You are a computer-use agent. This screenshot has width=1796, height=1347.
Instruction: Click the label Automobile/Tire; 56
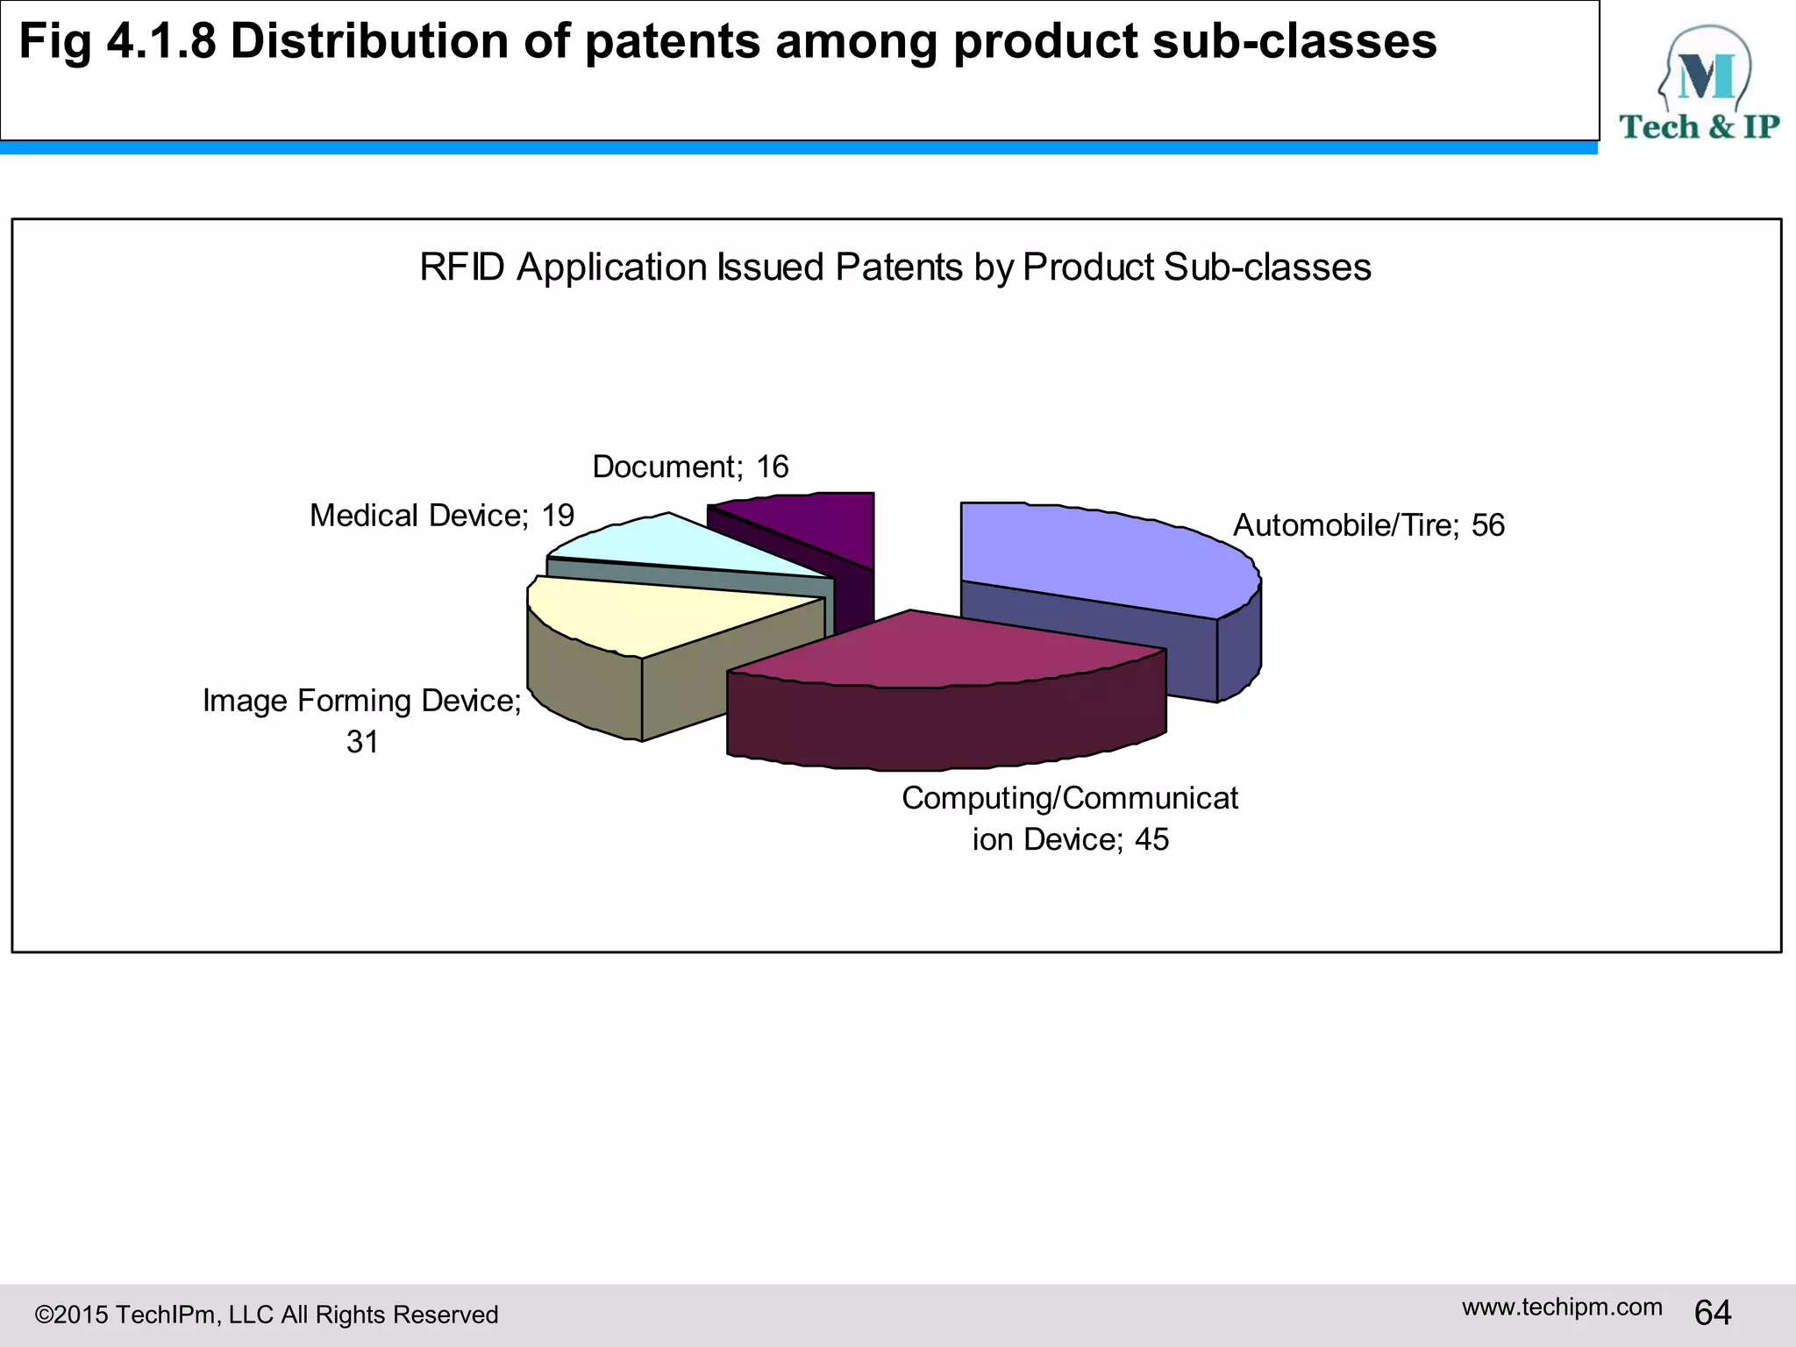pyautogui.click(x=1368, y=525)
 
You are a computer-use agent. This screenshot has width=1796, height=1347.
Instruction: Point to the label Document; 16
pyautogui.click(x=690, y=467)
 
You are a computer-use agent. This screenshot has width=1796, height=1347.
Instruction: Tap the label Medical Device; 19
pyautogui.click(x=441, y=516)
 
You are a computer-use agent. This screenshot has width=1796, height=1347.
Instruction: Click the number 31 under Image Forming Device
pyautogui.click(x=362, y=742)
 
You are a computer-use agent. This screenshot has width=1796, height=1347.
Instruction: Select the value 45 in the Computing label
pyautogui.click(x=1151, y=840)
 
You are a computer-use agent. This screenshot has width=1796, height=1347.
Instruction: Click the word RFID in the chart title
pyautogui.click(x=462, y=267)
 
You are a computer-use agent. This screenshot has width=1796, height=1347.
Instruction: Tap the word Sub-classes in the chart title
pyautogui.click(x=1266, y=267)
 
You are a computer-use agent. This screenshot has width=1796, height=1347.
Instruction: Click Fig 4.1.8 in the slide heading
pyautogui.click(x=117, y=41)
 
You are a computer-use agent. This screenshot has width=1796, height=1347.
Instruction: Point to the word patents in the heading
pyautogui.click(x=672, y=41)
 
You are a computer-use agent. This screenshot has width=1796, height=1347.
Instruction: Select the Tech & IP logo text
pyautogui.click(x=1699, y=127)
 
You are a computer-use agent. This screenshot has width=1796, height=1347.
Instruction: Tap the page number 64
pyautogui.click(x=1712, y=1313)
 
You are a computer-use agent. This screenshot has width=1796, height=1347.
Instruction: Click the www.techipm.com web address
pyautogui.click(x=1561, y=1307)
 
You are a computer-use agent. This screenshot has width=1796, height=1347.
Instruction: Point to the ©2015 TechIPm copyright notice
pyautogui.click(x=266, y=1315)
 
